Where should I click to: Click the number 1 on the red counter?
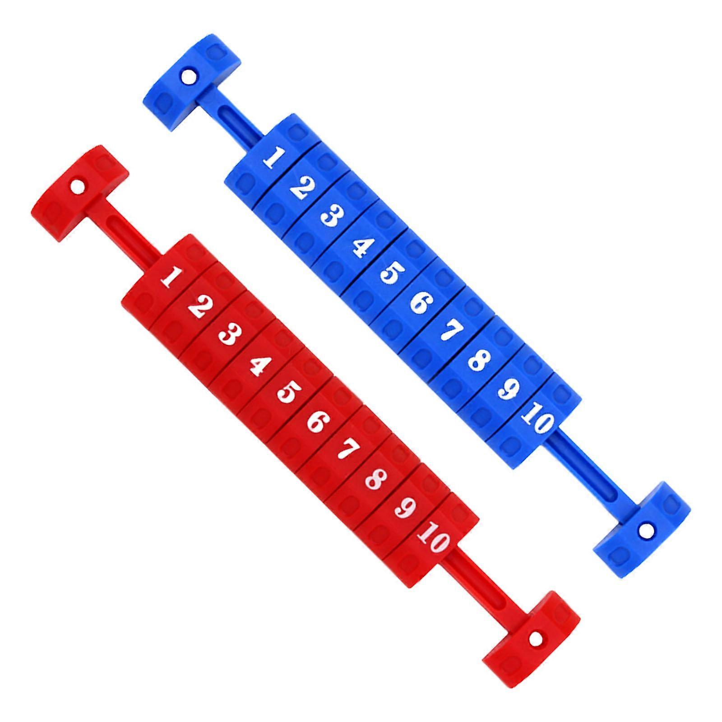pos(168,277)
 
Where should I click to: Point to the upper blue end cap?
pos(192,81)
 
